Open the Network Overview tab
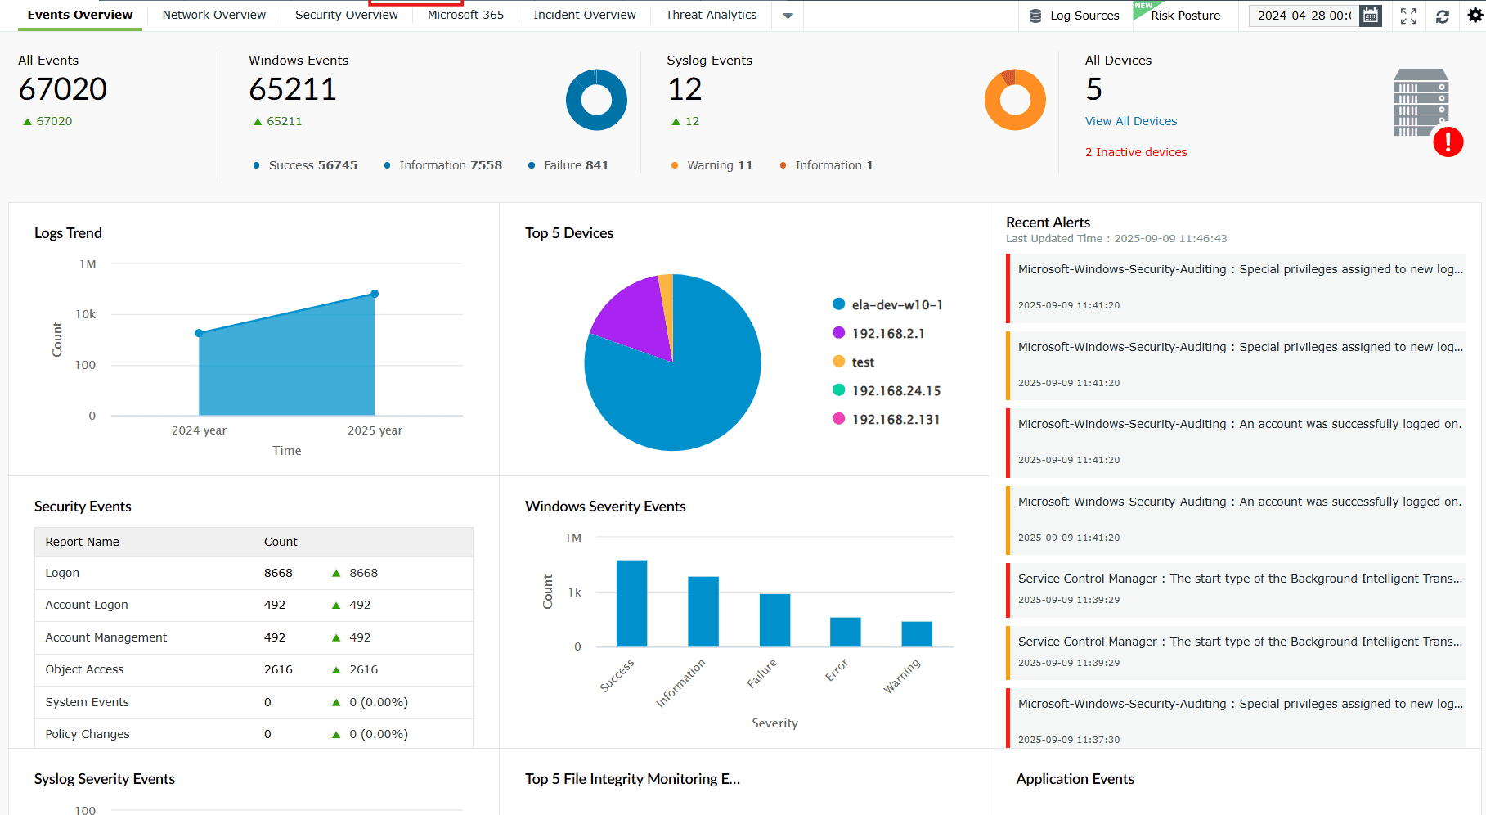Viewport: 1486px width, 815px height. click(x=213, y=15)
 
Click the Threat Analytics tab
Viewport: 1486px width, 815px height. click(x=711, y=15)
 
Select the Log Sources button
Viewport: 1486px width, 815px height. click(x=1075, y=16)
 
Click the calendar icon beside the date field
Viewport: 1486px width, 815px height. click(x=1371, y=16)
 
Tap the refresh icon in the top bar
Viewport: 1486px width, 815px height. click(x=1443, y=16)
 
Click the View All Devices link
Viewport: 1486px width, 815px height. click(x=1130, y=121)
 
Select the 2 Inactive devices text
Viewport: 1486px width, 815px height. click(x=1135, y=152)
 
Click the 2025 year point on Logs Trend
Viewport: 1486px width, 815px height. click(x=375, y=294)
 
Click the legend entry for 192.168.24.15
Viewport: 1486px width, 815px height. click(x=896, y=391)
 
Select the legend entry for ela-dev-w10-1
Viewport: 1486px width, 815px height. click(x=896, y=305)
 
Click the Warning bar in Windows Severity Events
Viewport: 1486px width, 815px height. click(x=917, y=634)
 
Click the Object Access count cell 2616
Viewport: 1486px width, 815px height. click(x=278, y=669)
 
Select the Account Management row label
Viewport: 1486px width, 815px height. click(x=106, y=637)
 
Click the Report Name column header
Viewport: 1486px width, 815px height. click(x=83, y=542)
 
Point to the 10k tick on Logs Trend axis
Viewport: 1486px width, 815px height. click(x=86, y=314)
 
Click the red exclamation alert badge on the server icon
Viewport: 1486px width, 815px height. click(x=1448, y=142)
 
